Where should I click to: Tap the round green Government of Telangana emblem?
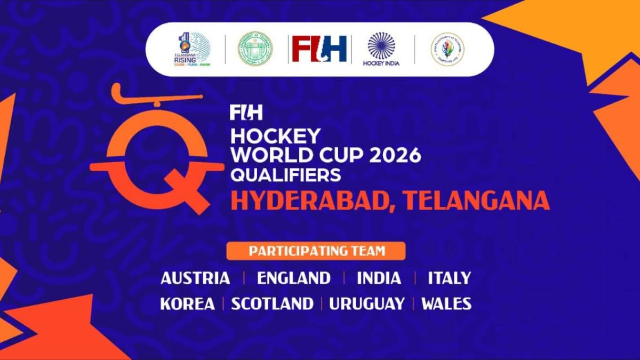[254, 49]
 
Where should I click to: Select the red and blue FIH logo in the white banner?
[319, 49]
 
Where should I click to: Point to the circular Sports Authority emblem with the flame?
[447, 49]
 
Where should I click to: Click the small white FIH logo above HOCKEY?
[246, 113]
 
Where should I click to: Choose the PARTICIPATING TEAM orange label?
[316, 251]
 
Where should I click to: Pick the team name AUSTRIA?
[195, 278]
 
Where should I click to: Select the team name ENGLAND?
[293, 278]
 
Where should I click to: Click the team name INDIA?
[379, 278]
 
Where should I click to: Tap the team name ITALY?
[450, 278]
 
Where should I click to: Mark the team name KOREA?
[187, 304]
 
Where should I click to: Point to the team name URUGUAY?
[366, 304]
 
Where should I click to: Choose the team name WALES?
[446, 304]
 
